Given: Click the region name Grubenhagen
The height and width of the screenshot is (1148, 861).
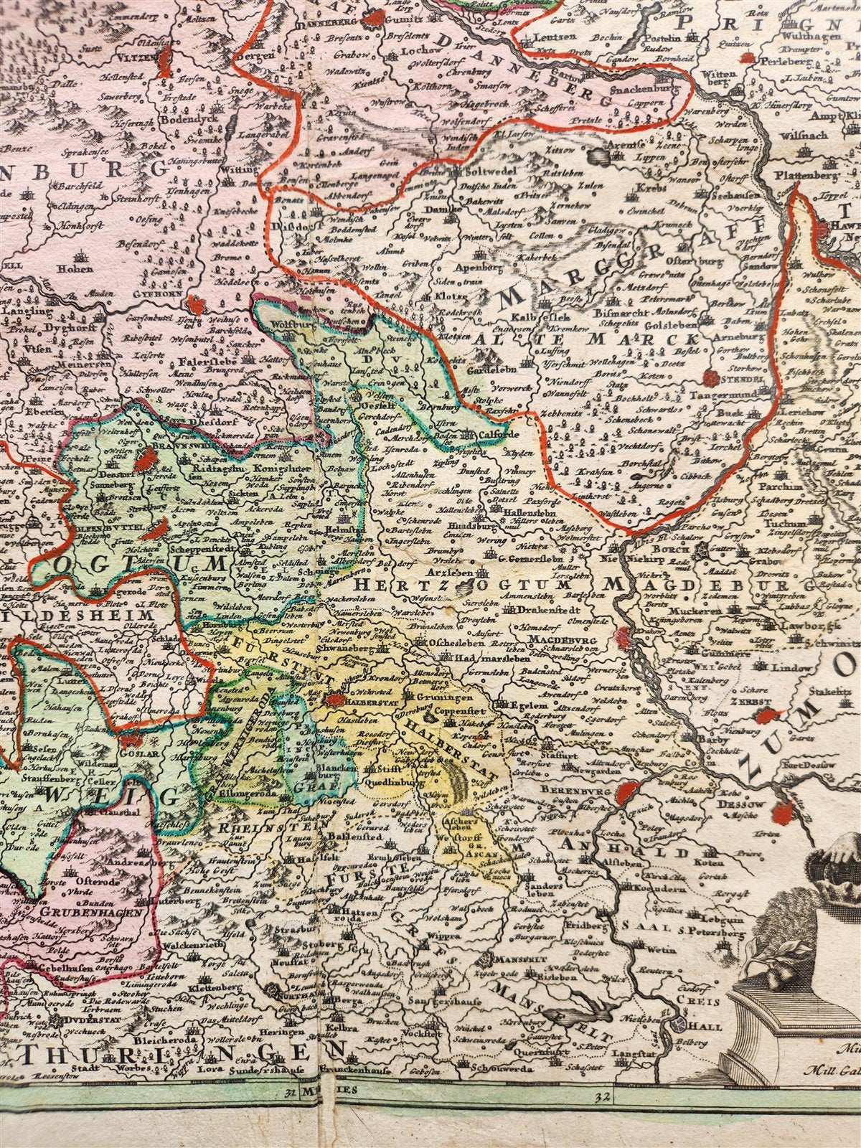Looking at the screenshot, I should click(x=71, y=913).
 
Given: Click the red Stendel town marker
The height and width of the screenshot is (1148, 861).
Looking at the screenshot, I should click(x=712, y=376).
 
